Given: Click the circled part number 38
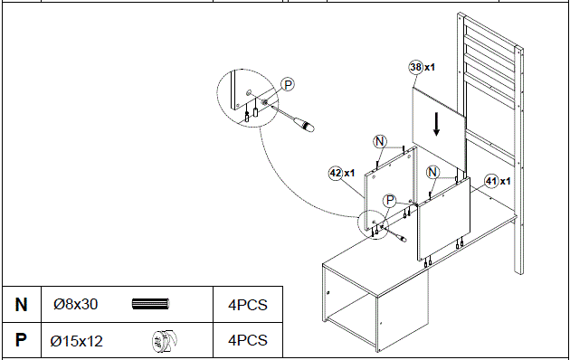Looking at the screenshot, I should [415, 67].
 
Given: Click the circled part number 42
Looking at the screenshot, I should [336, 172].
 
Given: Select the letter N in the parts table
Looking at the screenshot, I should [21, 305].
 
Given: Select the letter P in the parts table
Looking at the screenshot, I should [21, 341].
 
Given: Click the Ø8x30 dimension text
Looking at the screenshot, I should [75, 305].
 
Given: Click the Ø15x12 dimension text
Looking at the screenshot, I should [76, 341].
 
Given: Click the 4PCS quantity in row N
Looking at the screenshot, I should [248, 305].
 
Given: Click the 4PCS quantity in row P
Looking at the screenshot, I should [248, 341].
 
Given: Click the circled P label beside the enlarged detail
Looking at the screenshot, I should [288, 85].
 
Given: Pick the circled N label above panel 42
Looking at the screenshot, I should [380, 141].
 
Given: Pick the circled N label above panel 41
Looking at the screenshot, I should [432, 172].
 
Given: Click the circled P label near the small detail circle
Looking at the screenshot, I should [390, 201].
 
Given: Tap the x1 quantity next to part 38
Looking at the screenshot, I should [431, 67].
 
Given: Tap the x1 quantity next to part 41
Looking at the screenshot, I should [506, 179].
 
